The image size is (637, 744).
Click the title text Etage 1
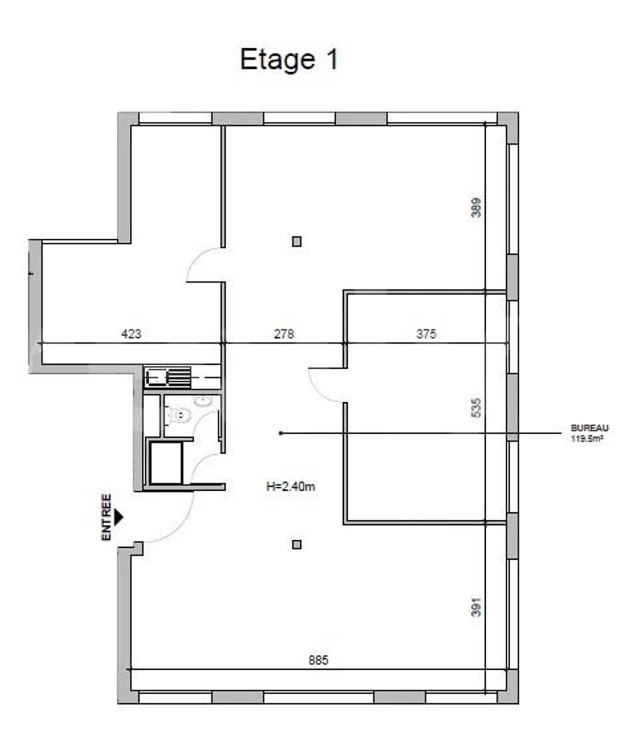[289, 60]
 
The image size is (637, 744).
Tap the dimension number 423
[131, 334]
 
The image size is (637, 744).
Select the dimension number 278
[284, 334]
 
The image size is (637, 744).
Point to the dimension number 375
[426, 334]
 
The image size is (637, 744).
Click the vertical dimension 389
[476, 207]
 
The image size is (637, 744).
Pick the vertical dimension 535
[476, 408]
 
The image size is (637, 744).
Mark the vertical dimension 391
[476, 607]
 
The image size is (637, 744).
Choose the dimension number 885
[318, 660]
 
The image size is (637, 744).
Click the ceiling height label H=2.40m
[291, 487]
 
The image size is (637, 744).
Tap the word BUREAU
[590, 428]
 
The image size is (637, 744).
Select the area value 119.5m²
[587, 439]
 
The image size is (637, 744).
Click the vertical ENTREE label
[107, 517]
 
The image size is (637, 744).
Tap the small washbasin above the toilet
[203, 401]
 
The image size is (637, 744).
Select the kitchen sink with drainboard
[168, 377]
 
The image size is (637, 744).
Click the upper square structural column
[297, 241]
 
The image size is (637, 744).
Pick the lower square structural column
[297, 545]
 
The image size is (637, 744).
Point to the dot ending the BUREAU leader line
[280, 433]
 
